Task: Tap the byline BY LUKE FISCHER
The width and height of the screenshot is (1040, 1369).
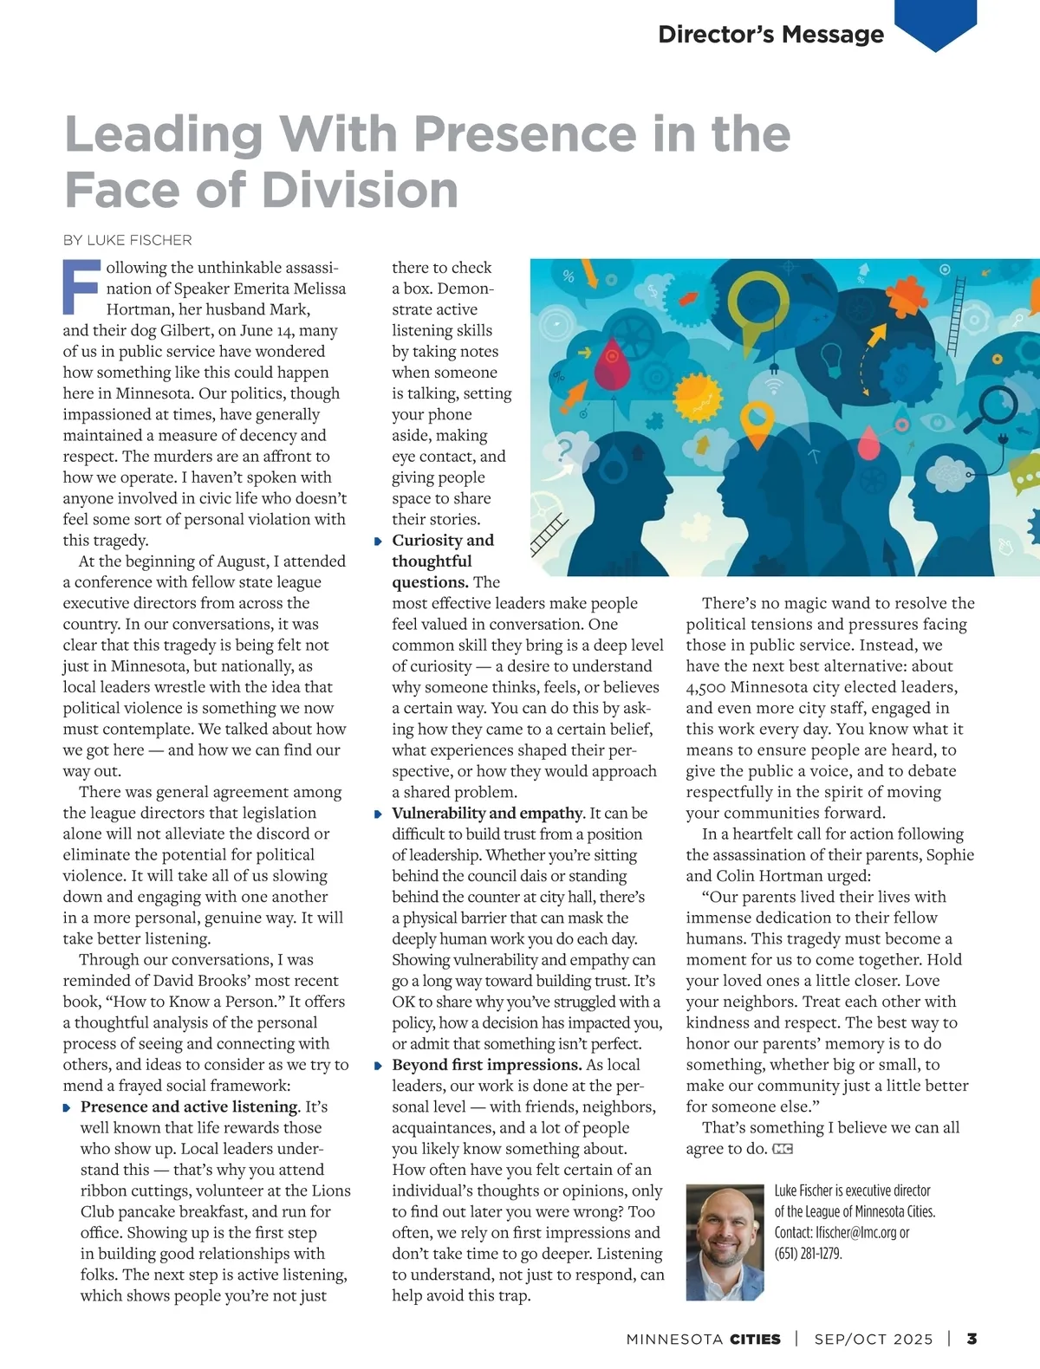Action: tap(127, 240)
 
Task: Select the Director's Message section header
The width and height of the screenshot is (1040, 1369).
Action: tap(770, 35)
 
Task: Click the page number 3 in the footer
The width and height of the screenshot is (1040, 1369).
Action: tap(972, 1339)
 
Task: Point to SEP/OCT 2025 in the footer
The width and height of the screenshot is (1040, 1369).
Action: tap(874, 1339)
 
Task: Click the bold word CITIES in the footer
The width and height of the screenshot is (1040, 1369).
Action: tap(755, 1339)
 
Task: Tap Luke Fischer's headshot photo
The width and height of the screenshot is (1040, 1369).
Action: tap(725, 1242)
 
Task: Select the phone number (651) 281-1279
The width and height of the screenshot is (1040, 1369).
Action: tap(808, 1253)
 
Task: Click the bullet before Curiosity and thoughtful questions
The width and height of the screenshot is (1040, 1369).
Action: tap(379, 542)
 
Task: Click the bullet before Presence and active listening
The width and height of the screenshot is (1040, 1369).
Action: tap(67, 1108)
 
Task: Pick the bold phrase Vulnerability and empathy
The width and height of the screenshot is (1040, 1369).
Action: tap(487, 813)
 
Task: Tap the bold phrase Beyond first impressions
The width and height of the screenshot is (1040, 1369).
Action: tap(486, 1065)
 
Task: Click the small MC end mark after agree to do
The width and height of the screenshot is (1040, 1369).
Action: tap(783, 1149)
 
